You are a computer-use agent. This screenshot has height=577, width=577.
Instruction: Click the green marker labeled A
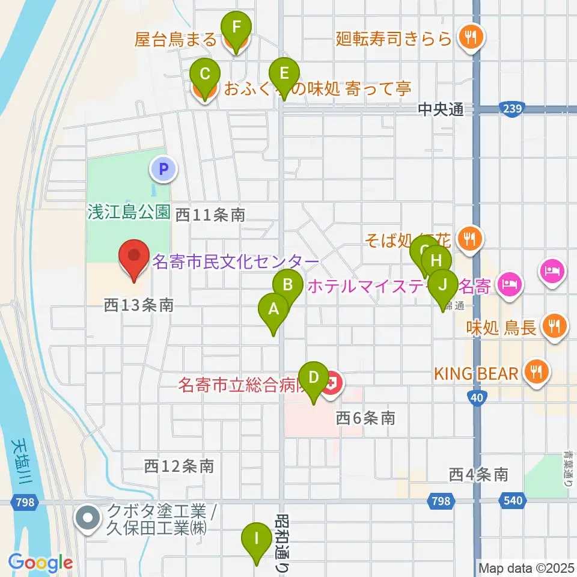[273, 310]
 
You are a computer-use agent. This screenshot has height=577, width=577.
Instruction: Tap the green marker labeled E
[284, 75]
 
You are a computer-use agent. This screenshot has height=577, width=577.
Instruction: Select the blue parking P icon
[164, 169]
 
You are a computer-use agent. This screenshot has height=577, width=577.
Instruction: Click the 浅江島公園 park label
[129, 212]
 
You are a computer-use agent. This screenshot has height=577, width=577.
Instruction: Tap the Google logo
[40, 563]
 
